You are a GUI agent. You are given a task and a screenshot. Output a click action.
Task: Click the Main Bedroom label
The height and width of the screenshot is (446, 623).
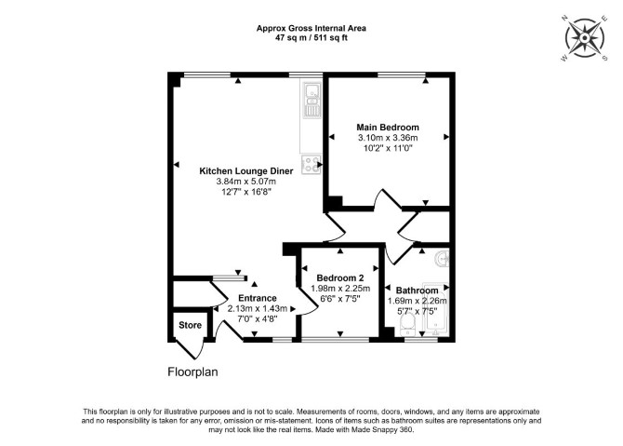click(x=388, y=128)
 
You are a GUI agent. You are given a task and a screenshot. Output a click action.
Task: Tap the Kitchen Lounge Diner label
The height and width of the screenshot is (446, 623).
click(x=245, y=171)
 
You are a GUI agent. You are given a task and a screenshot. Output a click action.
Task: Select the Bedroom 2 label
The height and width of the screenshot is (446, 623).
click(x=340, y=277)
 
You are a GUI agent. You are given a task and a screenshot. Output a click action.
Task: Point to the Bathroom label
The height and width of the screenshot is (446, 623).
click(x=417, y=291)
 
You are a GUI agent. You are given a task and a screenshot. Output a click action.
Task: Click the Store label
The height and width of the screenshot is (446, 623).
click(x=190, y=325)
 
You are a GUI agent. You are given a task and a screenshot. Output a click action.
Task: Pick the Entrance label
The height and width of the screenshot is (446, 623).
click(x=257, y=298)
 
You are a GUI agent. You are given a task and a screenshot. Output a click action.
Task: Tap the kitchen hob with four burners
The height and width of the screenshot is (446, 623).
click(x=311, y=164)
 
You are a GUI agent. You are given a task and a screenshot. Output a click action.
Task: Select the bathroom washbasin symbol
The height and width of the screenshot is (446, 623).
click(x=442, y=259)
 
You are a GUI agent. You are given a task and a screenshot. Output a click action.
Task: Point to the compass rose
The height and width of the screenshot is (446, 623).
click(x=585, y=38)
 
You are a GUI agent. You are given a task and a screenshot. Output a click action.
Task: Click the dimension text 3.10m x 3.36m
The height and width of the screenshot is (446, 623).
click(x=388, y=138)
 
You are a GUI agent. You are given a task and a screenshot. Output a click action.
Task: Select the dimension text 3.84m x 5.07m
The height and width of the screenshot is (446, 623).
click(x=245, y=182)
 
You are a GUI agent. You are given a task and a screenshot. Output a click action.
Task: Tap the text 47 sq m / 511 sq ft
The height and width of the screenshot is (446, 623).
click(x=311, y=38)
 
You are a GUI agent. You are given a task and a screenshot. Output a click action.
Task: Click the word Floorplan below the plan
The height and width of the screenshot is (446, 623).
click(x=192, y=372)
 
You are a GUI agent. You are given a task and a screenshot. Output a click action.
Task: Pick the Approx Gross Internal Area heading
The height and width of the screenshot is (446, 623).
click(x=311, y=28)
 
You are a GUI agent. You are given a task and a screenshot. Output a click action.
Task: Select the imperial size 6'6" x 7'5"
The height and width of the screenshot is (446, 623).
click(x=340, y=299)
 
